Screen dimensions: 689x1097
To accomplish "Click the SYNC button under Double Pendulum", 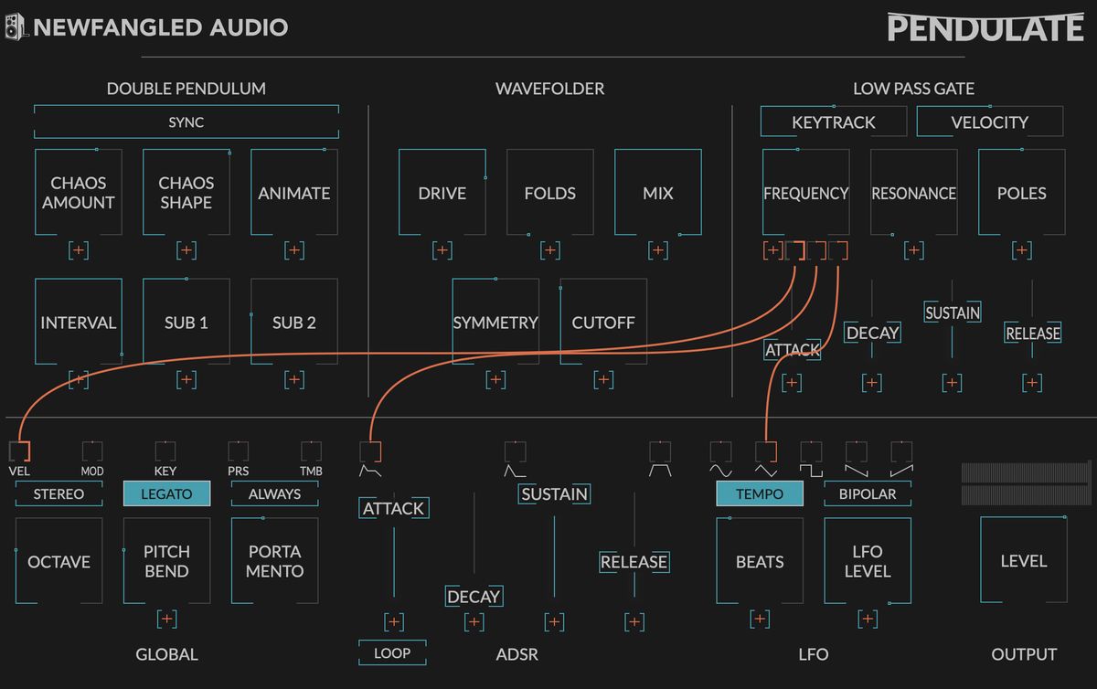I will pos(186,122).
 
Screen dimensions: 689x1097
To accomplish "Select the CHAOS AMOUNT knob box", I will pos(78,193).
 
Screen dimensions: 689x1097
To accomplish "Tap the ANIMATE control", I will pos(293,193).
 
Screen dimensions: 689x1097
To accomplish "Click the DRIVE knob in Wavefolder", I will pos(442,193).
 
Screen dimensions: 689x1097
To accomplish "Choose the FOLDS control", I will pos(549,193).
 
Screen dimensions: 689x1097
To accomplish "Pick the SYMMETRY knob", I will pos(495,323).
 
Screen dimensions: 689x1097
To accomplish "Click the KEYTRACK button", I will pos(833,122).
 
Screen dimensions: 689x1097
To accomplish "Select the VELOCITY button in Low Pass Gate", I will pos(989,122).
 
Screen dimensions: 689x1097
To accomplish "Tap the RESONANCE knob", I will pos(913,193).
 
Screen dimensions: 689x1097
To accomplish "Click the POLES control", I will pos(1021,193).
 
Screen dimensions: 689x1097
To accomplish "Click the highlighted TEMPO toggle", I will pos(759,493).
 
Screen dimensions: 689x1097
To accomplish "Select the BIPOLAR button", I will pos(868,493).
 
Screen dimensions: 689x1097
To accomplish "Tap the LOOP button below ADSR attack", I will pos(392,652).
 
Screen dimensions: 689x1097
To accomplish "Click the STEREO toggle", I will pos(59,493).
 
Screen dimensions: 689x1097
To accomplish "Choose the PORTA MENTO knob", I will pos(274,561).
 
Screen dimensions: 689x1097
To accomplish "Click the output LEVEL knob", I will pos(1023,561).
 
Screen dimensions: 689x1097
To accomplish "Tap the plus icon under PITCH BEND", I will pos(166,619).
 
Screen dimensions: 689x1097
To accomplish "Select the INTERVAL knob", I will pos(78,323).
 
